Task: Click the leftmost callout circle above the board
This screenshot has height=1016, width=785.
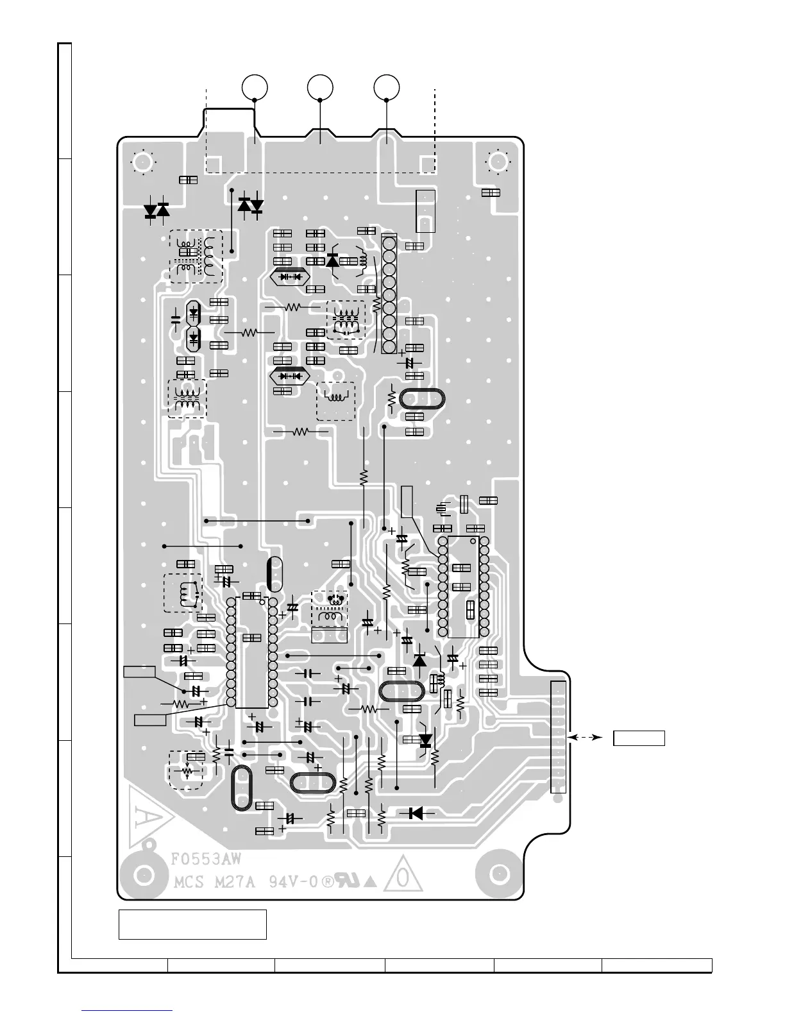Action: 255,87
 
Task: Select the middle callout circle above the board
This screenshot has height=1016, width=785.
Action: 320,87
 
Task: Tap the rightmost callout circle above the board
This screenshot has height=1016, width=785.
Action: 387,87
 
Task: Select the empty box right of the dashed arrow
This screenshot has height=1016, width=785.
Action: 639,738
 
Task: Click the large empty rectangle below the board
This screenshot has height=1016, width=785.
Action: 192,924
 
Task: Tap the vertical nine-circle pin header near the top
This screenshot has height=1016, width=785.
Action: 388,294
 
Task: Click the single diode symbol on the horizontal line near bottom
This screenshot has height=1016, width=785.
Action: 416,813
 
